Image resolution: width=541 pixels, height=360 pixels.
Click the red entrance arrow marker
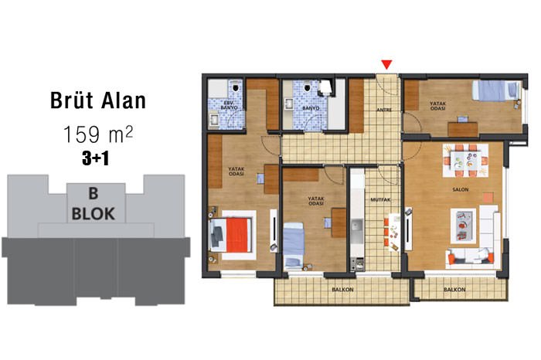click(x=386, y=64)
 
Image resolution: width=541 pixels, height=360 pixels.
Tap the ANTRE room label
click(x=383, y=110)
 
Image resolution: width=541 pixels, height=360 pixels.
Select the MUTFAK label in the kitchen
click(x=380, y=199)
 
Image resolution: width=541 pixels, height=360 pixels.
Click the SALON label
click(x=461, y=189)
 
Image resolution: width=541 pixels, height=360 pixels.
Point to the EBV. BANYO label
click(x=229, y=106)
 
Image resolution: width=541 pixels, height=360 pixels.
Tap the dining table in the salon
click(x=465, y=161)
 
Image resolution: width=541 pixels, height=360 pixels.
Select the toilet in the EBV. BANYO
click(x=236, y=87)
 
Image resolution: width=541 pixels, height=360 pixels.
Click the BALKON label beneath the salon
click(x=454, y=290)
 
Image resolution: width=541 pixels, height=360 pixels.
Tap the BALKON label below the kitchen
click(x=342, y=290)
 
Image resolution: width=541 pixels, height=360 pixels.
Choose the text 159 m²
click(x=98, y=134)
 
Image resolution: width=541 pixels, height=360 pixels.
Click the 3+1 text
click(x=96, y=158)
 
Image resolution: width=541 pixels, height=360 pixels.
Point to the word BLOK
click(x=94, y=214)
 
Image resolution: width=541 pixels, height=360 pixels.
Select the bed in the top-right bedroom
click(x=496, y=90)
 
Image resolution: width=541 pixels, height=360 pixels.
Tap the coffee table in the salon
click(x=463, y=226)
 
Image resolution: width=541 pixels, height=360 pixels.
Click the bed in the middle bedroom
click(x=294, y=245)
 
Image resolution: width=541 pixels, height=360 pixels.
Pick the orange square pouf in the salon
click(x=488, y=198)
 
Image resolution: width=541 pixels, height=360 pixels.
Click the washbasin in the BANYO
click(x=288, y=103)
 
